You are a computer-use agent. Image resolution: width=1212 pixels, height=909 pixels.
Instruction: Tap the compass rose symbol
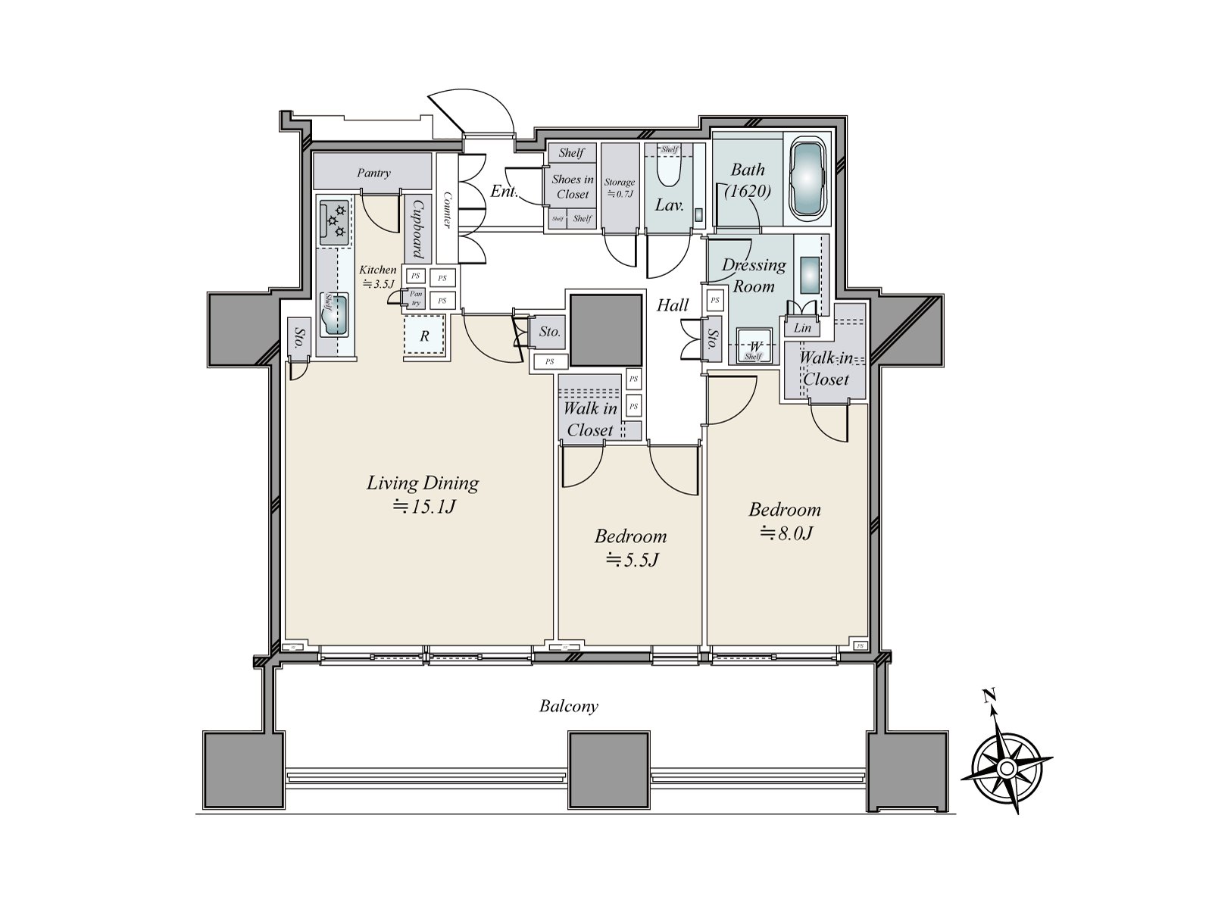click(1006, 768)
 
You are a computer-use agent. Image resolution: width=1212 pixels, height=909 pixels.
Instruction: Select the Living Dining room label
click(423, 483)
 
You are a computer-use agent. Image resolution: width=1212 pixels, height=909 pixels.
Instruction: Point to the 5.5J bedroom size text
click(631, 561)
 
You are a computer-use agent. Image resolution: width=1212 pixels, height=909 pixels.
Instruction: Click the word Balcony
click(568, 707)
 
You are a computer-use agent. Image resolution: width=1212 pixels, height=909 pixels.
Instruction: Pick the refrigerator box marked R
click(425, 335)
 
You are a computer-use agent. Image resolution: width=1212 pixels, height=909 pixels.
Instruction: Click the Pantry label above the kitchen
click(373, 173)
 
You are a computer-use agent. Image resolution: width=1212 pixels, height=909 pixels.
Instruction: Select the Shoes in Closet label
click(572, 187)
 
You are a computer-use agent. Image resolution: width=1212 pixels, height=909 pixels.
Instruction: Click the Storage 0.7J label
click(620, 188)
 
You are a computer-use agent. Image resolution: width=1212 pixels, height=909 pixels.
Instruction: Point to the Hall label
click(672, 305)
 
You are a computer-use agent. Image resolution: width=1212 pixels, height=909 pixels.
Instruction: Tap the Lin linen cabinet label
click(802, 328)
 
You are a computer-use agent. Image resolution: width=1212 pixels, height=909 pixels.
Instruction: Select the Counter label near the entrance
click(446, 210)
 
